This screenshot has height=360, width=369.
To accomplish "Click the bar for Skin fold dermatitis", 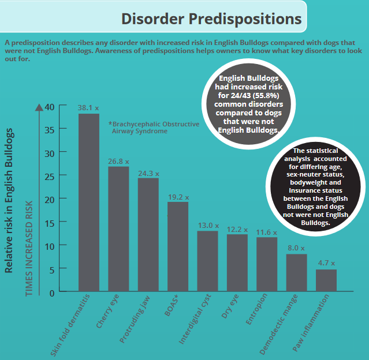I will coord(88,202).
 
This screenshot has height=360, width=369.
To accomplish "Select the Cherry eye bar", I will coord(118,228).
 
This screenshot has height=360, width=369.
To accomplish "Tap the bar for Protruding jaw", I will coord(148,234).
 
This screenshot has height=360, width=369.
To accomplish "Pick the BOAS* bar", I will coord(178,246).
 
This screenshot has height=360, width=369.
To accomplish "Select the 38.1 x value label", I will coord(88,108).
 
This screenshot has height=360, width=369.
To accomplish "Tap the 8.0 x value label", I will coord(297,247).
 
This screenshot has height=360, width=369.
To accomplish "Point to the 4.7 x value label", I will coord(326,263).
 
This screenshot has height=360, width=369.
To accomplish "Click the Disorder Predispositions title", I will coord(211,18).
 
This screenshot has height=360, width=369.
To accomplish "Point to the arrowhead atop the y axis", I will coord(39,106).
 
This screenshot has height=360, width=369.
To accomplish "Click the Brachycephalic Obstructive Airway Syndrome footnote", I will coord(154,127).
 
